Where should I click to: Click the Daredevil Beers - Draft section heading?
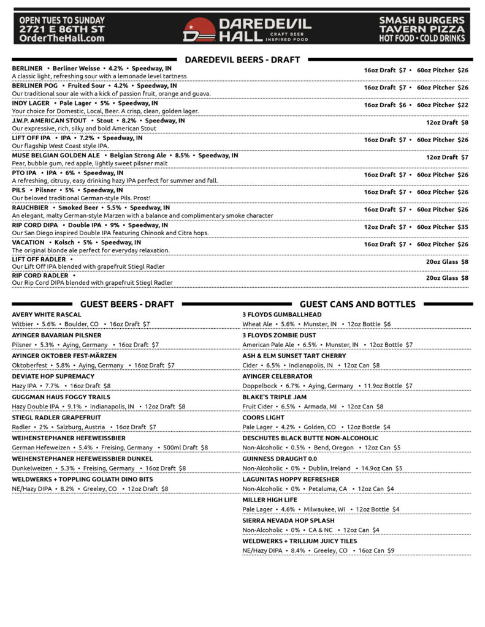[242, 59]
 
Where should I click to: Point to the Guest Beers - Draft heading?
[127, 304]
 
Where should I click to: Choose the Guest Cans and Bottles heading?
[357, 304]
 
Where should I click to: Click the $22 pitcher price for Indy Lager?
[462, 105]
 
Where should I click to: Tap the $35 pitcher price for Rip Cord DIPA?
[462, 227]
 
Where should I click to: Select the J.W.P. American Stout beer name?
[50, 121]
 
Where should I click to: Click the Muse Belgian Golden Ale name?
[56, 156]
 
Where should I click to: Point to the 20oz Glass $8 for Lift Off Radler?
[447, 261]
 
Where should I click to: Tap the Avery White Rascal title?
[47, 315]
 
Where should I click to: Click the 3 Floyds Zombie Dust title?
[280, 336]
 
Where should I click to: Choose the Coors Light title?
[264, 418]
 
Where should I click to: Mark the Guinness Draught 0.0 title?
[280, 459]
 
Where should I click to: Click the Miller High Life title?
[270, 500]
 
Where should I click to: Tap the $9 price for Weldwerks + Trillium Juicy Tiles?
[391, 550]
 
